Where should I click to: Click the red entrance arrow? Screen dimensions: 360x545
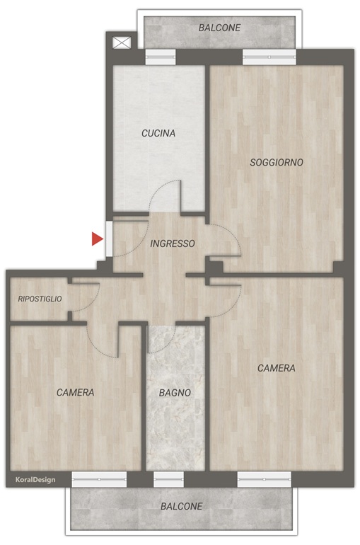click(x=97, y=239)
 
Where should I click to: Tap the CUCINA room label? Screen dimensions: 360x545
click(x=158, y=133)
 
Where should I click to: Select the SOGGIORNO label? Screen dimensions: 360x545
click(x=277, y=162)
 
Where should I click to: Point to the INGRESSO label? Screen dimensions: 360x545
click(x=172, y=243)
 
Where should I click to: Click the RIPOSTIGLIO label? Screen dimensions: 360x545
click(x=40, y=299)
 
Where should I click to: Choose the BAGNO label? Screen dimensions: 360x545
click(x=175, y=393)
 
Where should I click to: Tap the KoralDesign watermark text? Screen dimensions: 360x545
click(x=35, y=480)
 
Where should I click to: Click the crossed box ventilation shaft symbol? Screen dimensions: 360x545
click(x=122, y=43)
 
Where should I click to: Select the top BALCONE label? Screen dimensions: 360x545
click(x=219, y=28)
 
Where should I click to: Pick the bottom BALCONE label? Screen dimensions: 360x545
click(x=181, y=506)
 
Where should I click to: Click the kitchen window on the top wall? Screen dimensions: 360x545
click(x=160, y=57)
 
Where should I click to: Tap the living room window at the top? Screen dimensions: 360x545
click(x=269, y=57)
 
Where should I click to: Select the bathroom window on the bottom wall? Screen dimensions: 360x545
click(x=168, y=479)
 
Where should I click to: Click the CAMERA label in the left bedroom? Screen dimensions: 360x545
click(x=76, y=392)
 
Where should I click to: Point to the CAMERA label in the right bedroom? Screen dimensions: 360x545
click(x=277, y=368)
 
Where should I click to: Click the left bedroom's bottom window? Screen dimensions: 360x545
click(x=99, y=479)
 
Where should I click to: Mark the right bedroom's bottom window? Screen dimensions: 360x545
click(x=265, y=479)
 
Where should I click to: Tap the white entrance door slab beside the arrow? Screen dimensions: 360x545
click(x=109, y=239)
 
